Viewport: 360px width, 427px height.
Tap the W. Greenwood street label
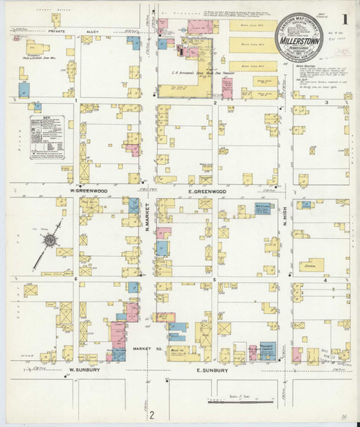[x=87, y=192]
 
